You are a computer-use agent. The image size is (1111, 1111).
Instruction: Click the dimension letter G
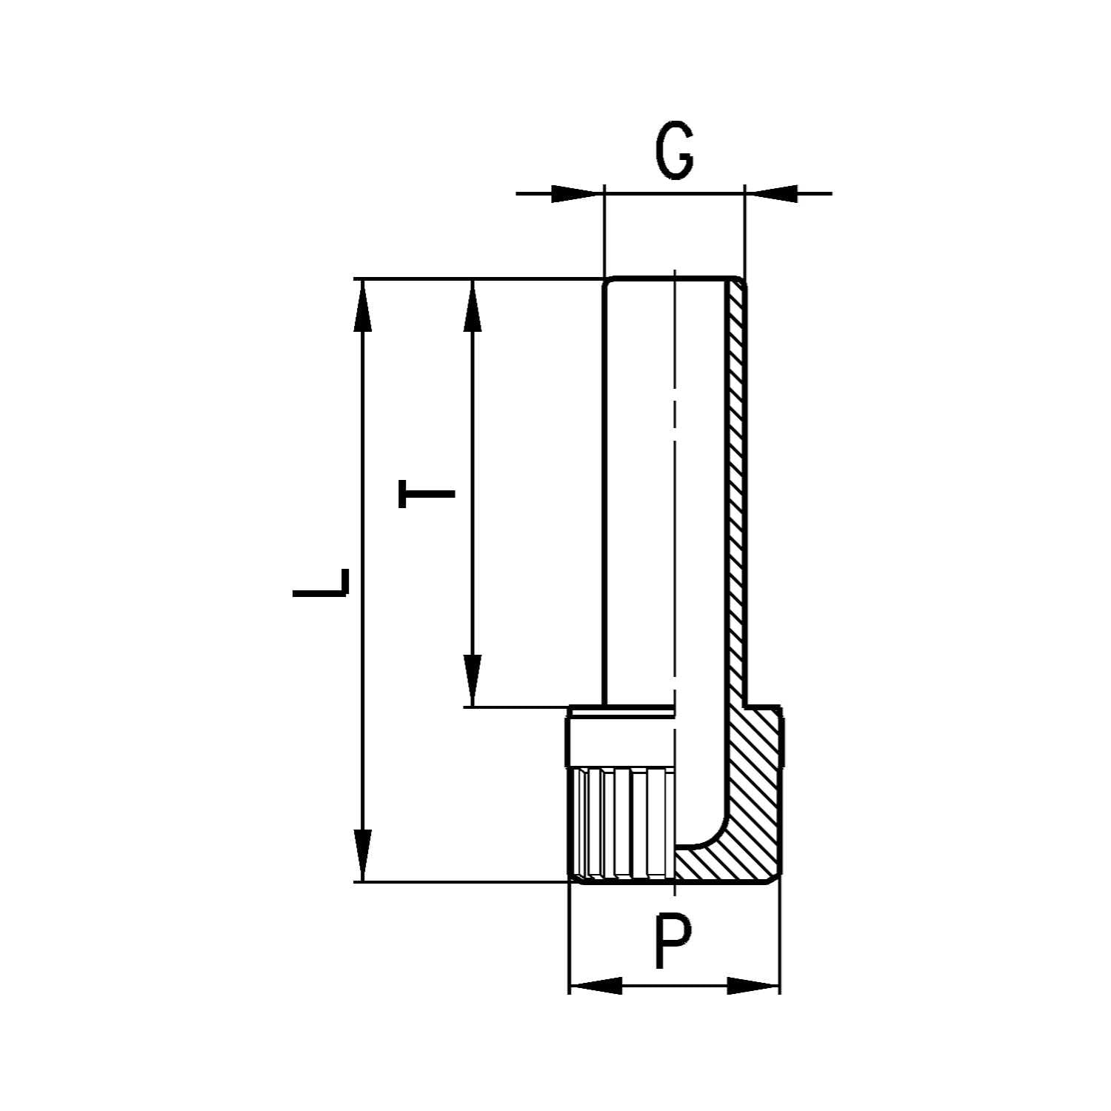point(674,153)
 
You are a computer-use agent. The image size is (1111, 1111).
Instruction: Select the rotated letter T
point(426,493)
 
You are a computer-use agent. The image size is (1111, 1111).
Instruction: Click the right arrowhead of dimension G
point(773,194)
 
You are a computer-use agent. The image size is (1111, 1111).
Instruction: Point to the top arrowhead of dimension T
point(472,307)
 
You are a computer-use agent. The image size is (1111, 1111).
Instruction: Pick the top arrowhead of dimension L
point(362,307)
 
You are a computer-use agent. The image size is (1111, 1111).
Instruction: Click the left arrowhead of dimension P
point(596,986)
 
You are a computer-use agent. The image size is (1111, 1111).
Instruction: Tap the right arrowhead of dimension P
point(753,986)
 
